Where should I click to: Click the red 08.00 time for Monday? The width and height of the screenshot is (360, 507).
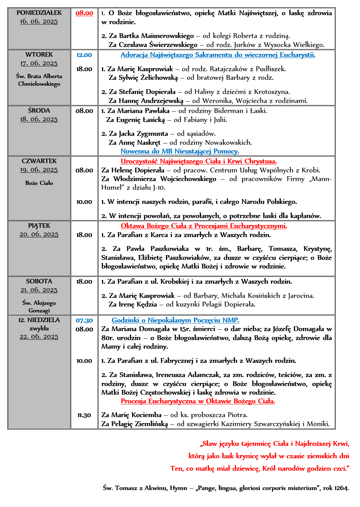point(84,13)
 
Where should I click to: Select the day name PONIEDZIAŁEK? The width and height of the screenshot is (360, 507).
point(39,13)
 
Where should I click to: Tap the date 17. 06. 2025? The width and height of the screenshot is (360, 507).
point(39,63)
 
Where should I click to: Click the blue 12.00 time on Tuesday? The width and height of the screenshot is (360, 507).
point(84,55)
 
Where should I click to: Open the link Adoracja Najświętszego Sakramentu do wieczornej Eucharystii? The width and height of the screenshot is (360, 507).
point(218,55)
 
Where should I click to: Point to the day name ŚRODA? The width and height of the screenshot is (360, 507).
point(39,111)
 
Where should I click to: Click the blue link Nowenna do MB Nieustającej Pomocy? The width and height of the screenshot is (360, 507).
point(180,151)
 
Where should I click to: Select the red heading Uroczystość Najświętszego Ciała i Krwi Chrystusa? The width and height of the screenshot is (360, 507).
point(199,161)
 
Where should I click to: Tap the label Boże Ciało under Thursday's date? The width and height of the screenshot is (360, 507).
point(39,183)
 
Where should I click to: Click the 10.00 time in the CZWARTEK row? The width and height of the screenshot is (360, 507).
point(84,202)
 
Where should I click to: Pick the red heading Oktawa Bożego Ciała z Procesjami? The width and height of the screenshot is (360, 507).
point(204,226)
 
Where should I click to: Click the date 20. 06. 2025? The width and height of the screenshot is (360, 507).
point(39,234)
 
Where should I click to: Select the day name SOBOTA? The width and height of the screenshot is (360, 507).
point(39,281)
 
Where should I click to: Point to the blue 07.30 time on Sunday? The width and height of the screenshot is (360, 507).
point(84,320)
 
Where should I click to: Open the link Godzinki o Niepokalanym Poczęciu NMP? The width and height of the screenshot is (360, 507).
point(175,320)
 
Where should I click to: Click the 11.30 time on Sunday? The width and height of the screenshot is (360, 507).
point(84,415)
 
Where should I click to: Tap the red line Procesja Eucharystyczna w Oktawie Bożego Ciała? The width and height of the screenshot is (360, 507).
point(198,401)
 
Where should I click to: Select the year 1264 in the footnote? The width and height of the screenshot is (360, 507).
point(341,488)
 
